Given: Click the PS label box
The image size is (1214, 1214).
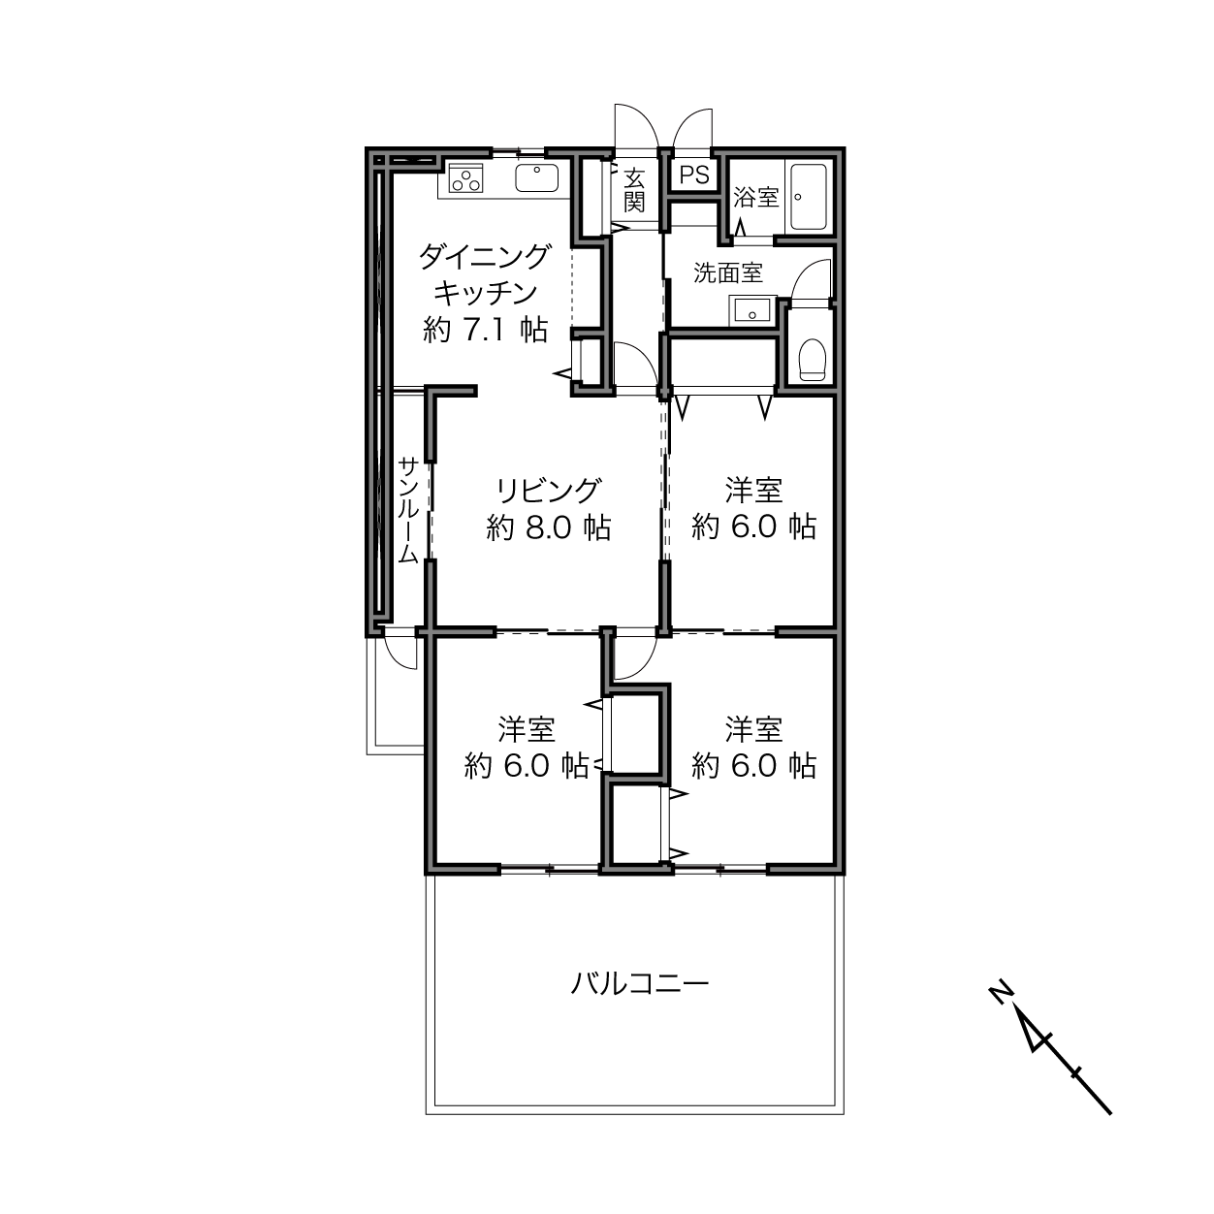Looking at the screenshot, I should tap(694, 176).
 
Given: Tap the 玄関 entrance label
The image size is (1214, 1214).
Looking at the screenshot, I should tap(634, 190).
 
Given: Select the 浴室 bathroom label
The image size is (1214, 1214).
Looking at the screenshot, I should tap(756, 198).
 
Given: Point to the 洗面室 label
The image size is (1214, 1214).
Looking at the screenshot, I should tap(727, 273).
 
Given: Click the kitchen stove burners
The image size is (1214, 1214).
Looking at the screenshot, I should tap(467, 179).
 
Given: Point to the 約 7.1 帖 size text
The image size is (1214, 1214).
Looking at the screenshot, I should tap(485, 331).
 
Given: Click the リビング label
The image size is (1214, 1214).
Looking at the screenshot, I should tap(549, 490).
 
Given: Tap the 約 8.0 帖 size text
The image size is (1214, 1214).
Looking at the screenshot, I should tap(549, 527).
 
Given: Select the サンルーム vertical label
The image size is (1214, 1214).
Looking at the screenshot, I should tap(408, 511).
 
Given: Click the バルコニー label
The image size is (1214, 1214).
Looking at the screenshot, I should tap(640, 985).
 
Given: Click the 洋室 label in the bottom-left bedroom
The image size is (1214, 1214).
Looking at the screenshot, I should tap(527, 728).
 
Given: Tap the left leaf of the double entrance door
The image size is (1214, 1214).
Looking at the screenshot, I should tap(635, 126).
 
